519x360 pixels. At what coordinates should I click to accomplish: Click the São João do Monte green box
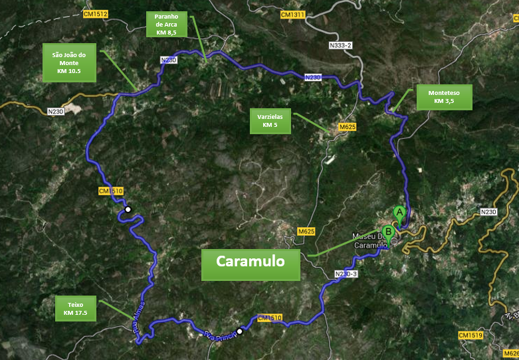[69, 62]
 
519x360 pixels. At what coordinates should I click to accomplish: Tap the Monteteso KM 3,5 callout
[445, 98]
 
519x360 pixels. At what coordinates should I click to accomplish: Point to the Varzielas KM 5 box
[270, 120]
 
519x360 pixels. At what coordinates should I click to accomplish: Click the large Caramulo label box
[250, 262]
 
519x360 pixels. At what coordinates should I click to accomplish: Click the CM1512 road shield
[96, 13]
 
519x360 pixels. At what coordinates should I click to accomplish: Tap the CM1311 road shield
[292, 14]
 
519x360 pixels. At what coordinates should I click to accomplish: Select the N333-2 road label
[340, 45]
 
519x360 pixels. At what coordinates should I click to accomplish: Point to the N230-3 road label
[346, 274]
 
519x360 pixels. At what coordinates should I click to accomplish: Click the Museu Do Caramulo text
[367, 241]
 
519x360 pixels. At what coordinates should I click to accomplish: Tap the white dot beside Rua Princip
[239, 331]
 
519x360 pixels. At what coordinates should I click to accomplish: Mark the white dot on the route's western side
[128, 209]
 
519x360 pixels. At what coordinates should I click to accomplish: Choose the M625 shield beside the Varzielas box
[348, 126]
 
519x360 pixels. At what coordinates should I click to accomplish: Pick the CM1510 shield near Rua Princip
[269, 318]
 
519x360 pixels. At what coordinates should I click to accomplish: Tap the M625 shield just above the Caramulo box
[306, 231]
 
